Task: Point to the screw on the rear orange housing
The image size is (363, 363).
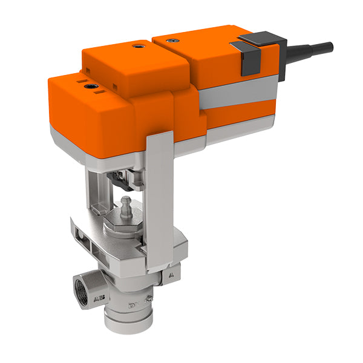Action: tap(175, 40)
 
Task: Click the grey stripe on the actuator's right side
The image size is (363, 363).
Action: tap(236, 97)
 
